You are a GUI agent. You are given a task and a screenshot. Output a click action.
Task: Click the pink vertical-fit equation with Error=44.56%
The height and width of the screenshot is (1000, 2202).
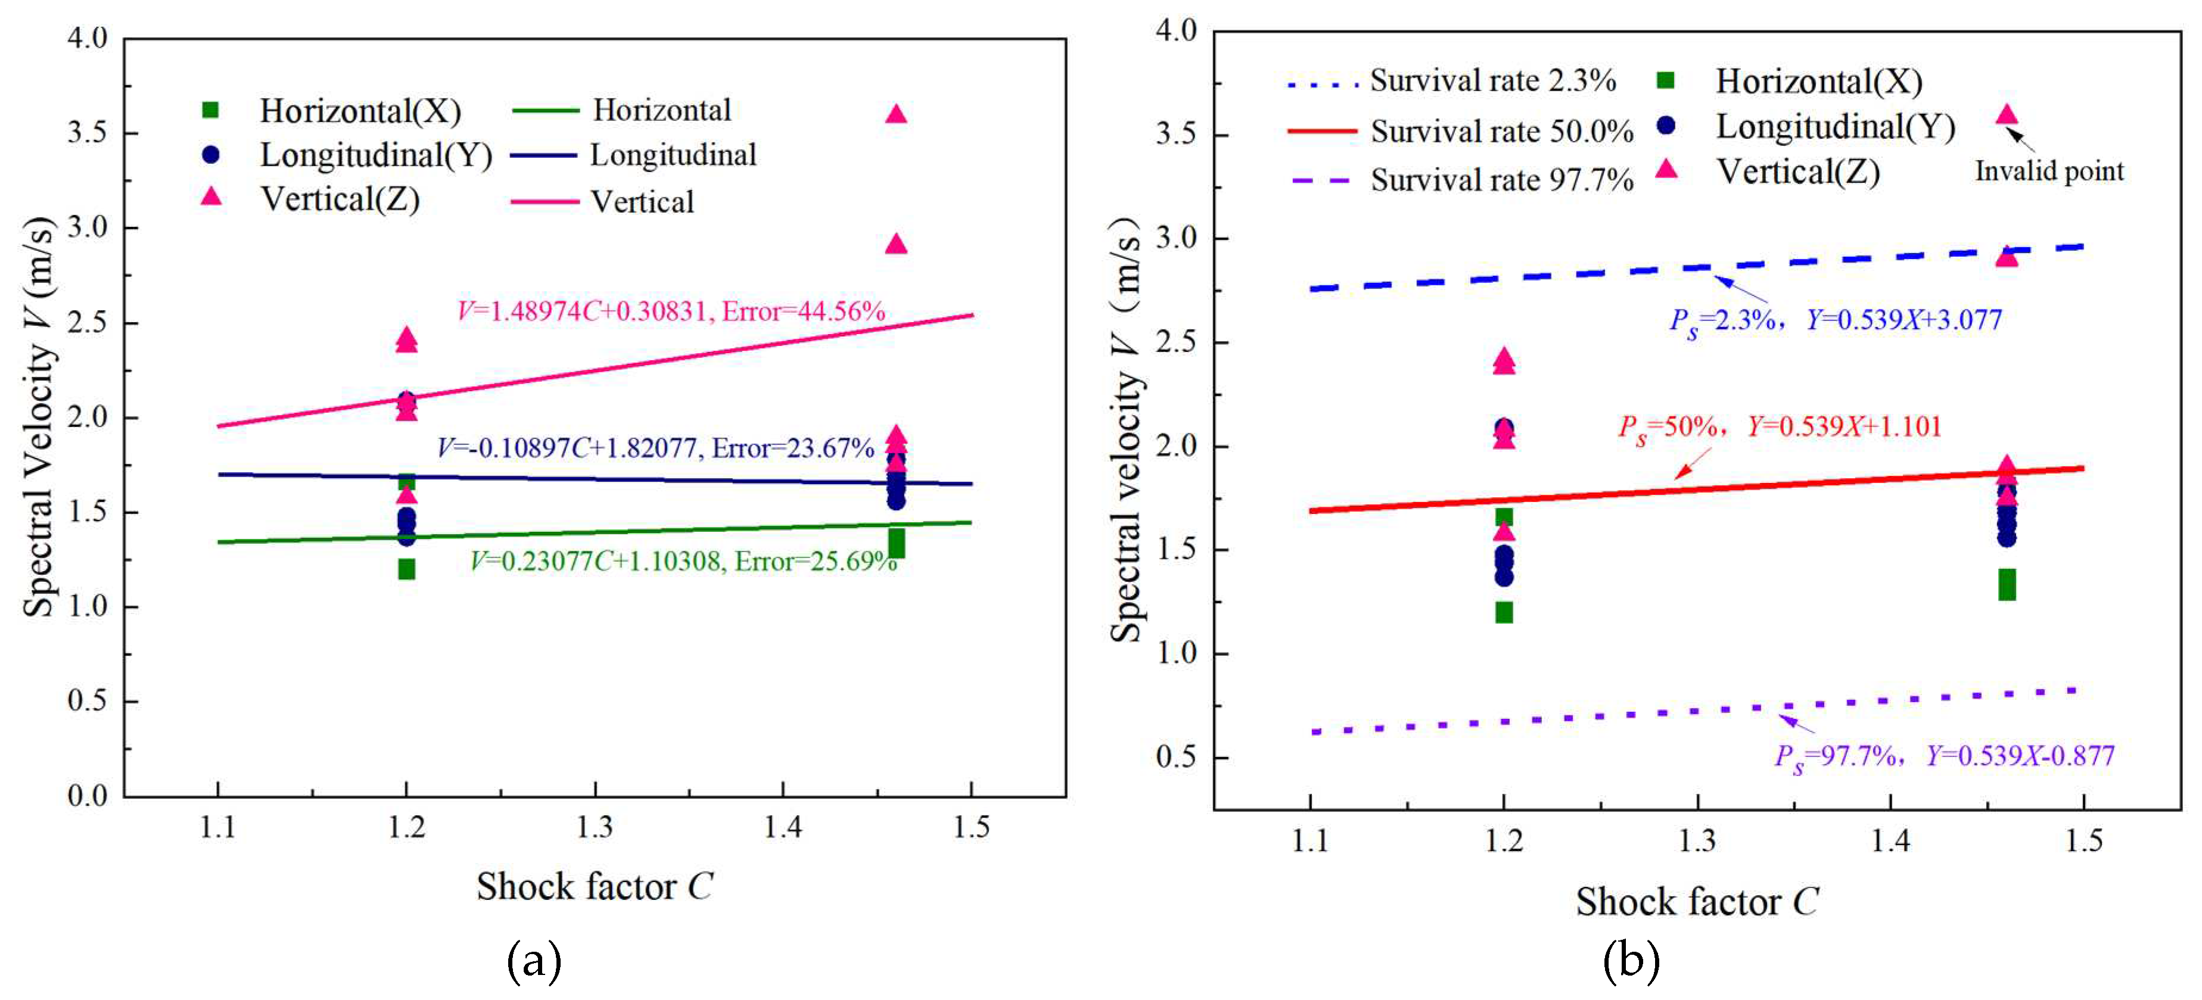pyautogui.click(x=671, y=311)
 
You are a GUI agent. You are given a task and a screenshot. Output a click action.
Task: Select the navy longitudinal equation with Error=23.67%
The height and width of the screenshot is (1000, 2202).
pyautogui.click(x=655, y=448)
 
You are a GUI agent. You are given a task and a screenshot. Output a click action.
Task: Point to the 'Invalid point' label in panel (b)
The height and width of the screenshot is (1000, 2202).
pyautogui.click(x=2049, y=172)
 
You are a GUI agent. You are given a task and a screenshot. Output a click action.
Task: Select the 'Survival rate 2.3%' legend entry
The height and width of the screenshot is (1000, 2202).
pyautogui.click(x=1492, y=81)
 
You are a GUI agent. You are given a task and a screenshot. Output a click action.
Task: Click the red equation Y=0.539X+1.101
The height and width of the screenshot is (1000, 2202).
pyautogui.click(x=1780, y=426)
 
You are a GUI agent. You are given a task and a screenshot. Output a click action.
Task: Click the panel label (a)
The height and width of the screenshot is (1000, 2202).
pyautogui.click(x=534, y=961)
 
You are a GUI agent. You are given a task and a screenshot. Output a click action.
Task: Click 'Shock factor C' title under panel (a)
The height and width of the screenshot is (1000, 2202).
pyautogui.click(x=594, y=887)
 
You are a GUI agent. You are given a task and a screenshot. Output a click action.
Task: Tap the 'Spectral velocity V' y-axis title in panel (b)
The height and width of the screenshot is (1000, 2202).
pyautogui.click(x=1126, y=428)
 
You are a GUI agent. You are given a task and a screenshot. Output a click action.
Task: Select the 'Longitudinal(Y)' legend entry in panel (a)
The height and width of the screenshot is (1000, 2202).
pyautogui.click(x=376, y=155)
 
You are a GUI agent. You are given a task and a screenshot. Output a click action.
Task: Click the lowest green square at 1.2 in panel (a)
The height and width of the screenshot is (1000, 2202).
pyautogui.click(x=407, y=569)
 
